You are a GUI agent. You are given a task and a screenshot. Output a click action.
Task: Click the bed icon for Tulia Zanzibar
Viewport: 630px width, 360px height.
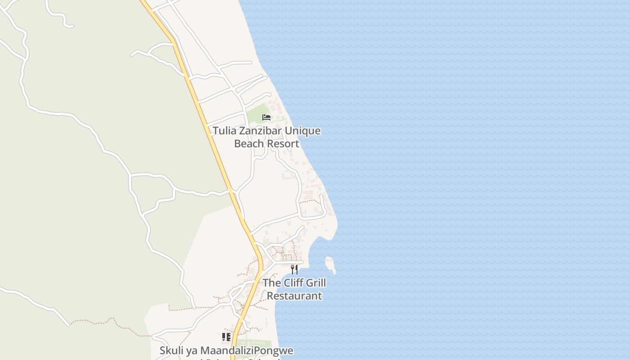click(266, 117)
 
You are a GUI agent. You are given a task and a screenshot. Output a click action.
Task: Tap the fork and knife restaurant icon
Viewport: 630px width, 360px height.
click(294, 269)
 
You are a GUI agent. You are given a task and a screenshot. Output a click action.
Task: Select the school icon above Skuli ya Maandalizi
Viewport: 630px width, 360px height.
click(226, 337)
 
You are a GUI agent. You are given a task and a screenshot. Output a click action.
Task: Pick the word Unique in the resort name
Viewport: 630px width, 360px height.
click(303, 131)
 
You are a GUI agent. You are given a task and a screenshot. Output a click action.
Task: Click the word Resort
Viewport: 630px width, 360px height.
click(283, 144)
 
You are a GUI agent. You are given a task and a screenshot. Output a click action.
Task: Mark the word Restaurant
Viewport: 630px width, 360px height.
click(294, 296)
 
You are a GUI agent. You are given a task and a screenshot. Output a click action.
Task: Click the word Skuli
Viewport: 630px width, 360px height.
click(170, 351)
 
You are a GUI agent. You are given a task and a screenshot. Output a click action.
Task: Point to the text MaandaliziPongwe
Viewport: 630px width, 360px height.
click(247, 351)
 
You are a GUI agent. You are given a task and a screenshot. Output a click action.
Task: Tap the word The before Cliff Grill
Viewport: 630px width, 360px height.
click(272, 283)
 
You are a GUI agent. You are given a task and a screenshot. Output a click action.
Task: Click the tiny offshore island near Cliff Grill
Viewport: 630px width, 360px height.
click(331, 265)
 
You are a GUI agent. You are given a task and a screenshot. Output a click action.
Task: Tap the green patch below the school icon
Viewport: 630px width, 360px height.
click(256, 344)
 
